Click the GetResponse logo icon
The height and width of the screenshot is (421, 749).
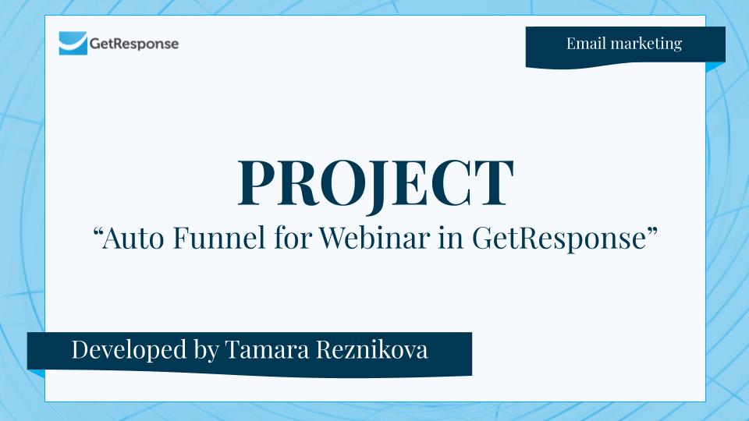point(73,43)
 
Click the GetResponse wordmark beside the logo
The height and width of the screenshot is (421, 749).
point(133,44)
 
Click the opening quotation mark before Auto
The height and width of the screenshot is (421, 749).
point(98,232)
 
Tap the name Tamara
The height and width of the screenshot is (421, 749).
point(269,350)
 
